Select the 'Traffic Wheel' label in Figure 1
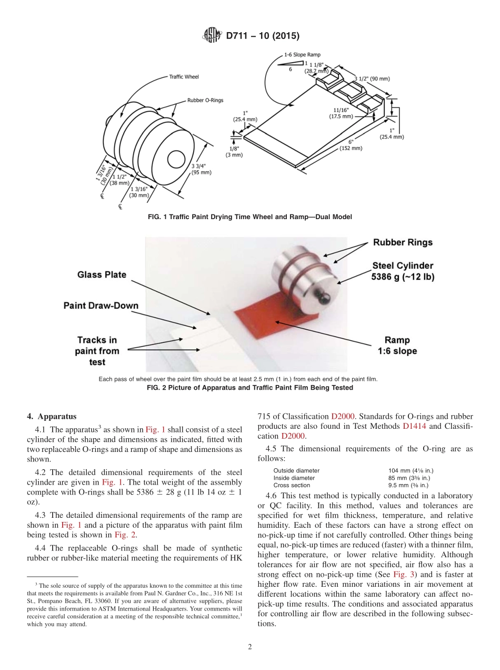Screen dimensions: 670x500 pyautogui.click(x=184, y=77)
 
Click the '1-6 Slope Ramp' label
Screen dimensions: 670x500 pyautogui.click(x=302, y=54)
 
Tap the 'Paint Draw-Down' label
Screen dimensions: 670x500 pyautogui.click(x=101, y=306)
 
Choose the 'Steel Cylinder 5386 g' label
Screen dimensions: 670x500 pyautogui.click(x=403, y=271)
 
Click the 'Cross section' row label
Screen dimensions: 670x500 pyautogui.click(x=292, y=485)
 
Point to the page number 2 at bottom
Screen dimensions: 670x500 pyautogui.click(x=250, y=647)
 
